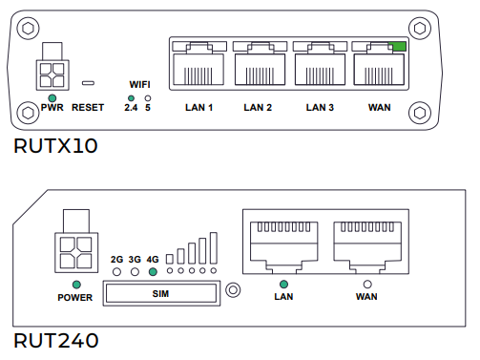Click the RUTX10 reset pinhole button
[88, 83]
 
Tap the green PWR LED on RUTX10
[52, 98]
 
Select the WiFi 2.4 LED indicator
[131, 98]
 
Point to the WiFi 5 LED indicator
[148, 98]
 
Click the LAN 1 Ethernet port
[198, 64]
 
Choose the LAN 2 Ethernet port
[260, 64]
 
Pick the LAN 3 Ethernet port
[320, 64]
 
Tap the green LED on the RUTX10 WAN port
[399, 47]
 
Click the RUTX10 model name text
[55, 146]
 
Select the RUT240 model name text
[56, 341]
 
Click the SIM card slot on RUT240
[161, 293]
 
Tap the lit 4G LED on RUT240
[153, 272]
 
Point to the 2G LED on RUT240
[116, 272]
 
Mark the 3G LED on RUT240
[135, 272]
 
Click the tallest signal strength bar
[214, 248]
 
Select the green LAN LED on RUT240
[283, 284]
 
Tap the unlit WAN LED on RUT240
[367, 284]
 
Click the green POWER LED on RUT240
[76, 285]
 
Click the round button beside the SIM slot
[233, 290]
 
